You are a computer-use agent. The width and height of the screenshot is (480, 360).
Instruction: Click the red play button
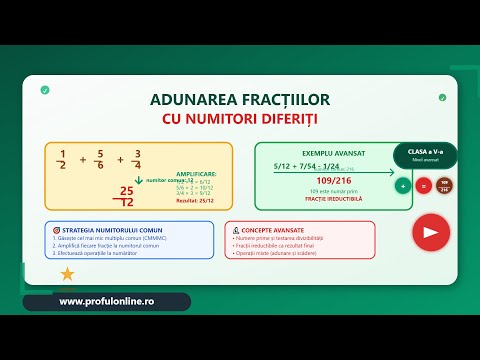point(430,232)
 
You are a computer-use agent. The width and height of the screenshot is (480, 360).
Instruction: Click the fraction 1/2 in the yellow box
point(61,159)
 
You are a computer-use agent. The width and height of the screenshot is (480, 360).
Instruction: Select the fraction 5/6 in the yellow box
point(98,159)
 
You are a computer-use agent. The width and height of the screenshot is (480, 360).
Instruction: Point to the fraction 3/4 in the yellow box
point(136,159)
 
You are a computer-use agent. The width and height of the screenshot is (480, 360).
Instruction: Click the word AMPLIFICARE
point(196,173)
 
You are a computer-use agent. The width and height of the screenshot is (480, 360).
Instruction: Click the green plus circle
point(402,185)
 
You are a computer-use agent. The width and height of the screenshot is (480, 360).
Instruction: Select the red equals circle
point(423,185)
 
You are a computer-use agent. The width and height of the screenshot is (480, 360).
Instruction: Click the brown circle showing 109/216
point(444,185)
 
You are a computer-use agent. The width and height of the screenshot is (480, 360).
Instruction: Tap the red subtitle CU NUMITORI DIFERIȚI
point(239,119)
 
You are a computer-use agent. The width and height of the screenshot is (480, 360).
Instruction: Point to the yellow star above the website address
point(67,274)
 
